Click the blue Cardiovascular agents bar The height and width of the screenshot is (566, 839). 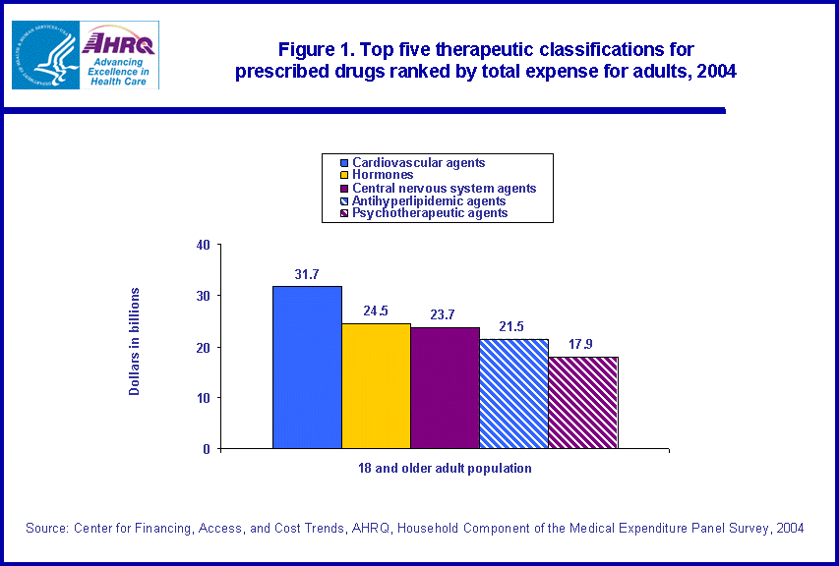click(x=307, y=368)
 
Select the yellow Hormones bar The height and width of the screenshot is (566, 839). click(x=376, y=385)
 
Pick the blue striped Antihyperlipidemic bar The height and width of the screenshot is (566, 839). click(x=513, y=393)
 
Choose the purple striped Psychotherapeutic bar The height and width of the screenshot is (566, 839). click(x=582, y=402)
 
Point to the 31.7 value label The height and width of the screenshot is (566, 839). click(x=307, y=275)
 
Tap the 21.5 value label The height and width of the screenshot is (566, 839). click(x=513, y=328)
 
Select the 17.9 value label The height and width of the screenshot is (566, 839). click(x=582, y=346)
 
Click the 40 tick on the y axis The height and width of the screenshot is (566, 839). click(x=203, y=245)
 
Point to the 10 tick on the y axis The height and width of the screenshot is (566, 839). click(x=203, y=398)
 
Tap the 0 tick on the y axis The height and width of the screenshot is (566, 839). click(x=207, y=449)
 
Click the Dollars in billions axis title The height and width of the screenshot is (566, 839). click(x=135, y=342)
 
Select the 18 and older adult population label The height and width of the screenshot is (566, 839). click(x=445, y=469)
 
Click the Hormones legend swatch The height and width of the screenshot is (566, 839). click(x=344, y=175)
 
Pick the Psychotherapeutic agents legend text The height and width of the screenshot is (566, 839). click(x=430, y=212)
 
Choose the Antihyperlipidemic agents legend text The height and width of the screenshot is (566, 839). click(x=429, y=200)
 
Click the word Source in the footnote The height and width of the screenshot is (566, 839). click(x=46, y=529)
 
